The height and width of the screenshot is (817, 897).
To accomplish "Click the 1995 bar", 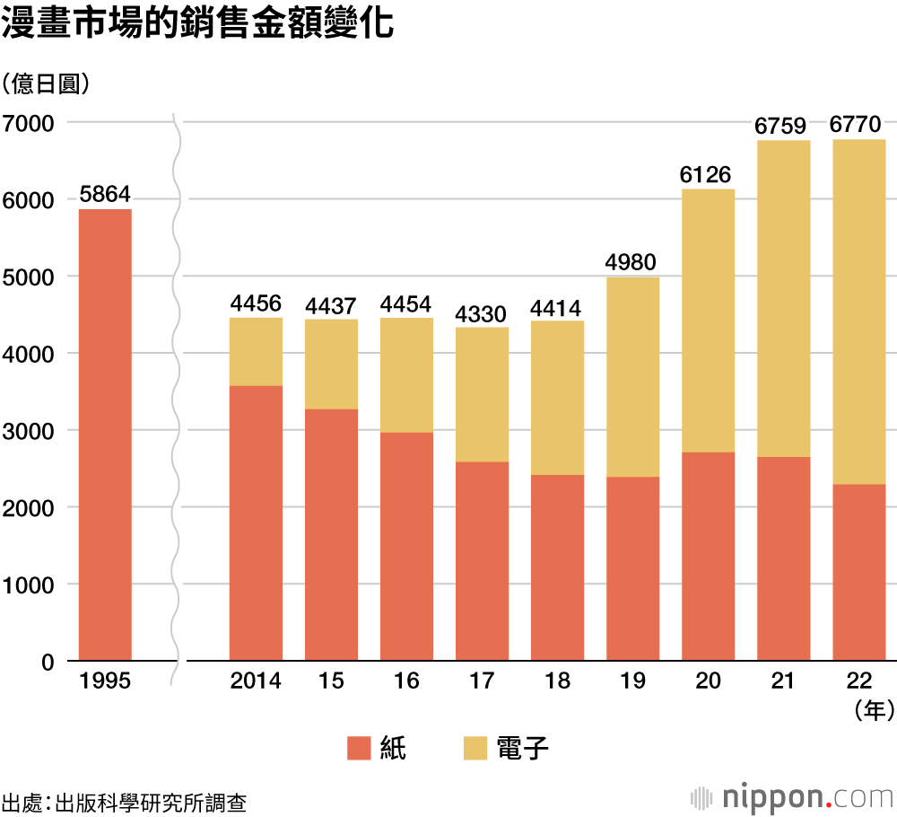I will click(x=105, y=435).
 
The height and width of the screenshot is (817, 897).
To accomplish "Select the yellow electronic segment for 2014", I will click(x=256, y=351).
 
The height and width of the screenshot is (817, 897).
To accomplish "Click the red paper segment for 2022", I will click(x=858, y=573).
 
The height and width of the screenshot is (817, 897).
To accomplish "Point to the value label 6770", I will click(x=858, y=124).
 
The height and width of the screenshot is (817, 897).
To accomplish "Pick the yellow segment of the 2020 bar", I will click(x=708, y=321).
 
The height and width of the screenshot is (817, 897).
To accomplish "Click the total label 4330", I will click(x=482, y=313).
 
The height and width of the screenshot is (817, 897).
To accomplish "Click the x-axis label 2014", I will click(x=256, y=681).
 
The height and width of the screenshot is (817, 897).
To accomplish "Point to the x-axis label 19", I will click(x=632, y=681).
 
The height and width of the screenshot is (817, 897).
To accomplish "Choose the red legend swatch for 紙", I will click(x=359, y=748).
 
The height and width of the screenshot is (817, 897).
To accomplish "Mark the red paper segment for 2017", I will click(x=482, y=561).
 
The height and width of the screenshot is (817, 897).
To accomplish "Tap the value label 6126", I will click(x=708, y=174).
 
